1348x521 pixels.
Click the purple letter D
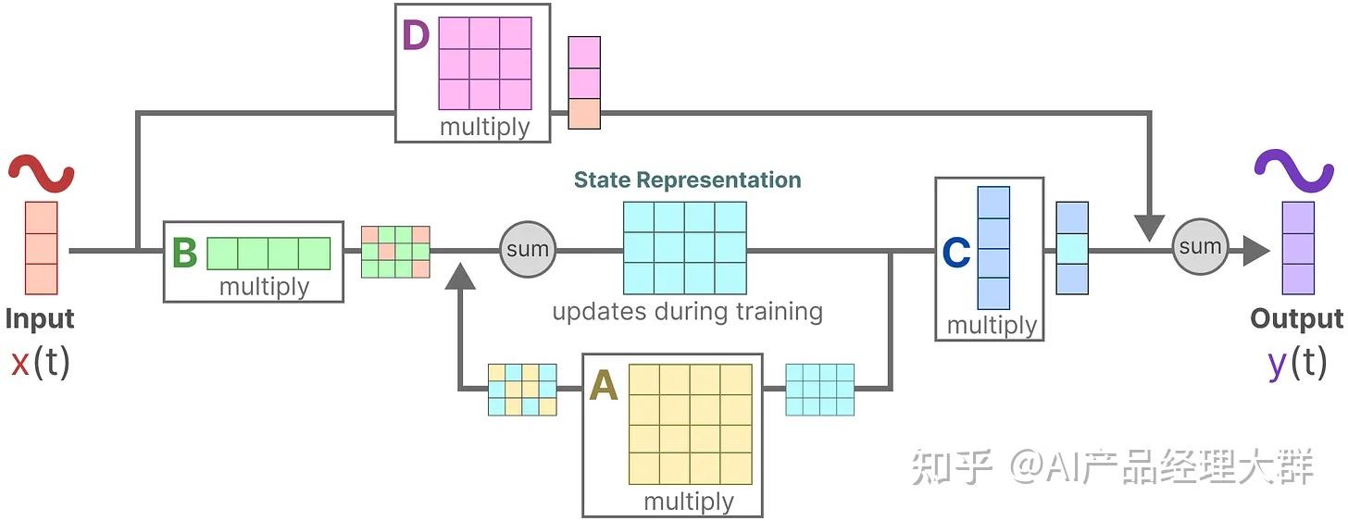(x=416, y=35)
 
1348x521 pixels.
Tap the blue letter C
(x=956, y=252)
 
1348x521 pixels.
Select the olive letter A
(x=604, y=385)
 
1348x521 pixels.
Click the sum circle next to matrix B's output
(x=528, y=249)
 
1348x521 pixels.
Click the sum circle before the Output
(x=1200, y=247)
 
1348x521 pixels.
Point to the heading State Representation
(x=687, y=180)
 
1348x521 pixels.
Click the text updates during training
(x=687, y=312)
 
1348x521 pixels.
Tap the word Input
(x=40, y=319)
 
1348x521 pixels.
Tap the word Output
(x=1297, y=319)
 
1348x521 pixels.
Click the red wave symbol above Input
(x=41, y=173)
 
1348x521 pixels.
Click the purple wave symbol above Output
(x=1294, y=170)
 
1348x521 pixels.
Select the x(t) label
(x=41, y=362)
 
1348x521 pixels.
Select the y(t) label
(x=1297, y=363)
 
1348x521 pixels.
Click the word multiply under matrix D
(x=485, y=128)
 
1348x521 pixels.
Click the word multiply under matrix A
(x=689, y=502)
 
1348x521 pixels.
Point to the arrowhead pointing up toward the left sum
(x=460, y=276)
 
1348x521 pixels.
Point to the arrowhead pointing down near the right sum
(x=1150, y=228)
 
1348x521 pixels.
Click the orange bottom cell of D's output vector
(x=584, y=114)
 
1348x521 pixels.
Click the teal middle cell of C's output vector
(x=1072, y=248)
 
